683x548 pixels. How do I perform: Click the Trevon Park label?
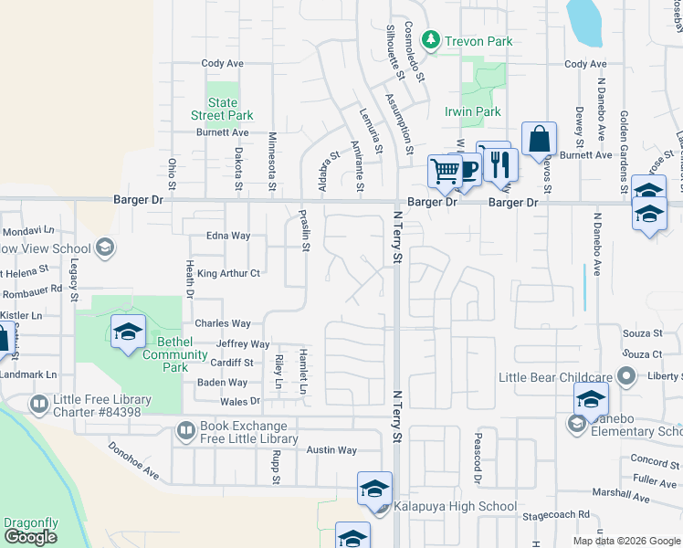pyautogui.click(x=478, y=41)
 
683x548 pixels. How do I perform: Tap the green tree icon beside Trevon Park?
pyautogui.click(x=434, y=40)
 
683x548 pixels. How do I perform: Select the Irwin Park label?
pyautogui.click(x=473, y=111)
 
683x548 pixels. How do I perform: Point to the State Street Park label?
pyautogui.click(x=222, y=110)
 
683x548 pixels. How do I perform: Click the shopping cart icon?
pyautogui.click(x=445, y=171)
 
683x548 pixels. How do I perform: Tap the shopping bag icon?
pyautogui.click(x=540, y=139)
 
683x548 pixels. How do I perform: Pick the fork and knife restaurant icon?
pyautogui.click(x=499, y=163)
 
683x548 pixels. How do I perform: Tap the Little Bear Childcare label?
pyautogui.click(x=555, y=377)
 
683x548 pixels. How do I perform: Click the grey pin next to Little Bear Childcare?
pyautogui.click(x=625, y=375)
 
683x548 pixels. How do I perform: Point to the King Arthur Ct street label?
pyautogui.click(x=229, y=273)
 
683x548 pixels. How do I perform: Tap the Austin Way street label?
pyautogui.click(x=331, y=450)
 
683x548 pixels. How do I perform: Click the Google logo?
pyautogui.click(x=30, y=537)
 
